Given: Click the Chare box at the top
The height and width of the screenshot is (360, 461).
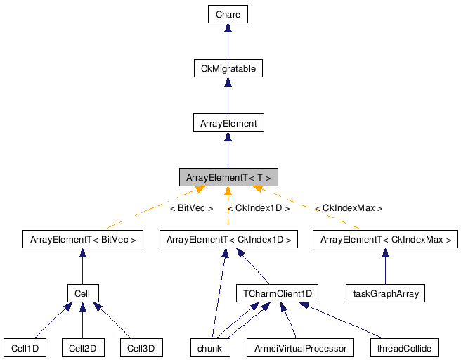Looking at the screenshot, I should tap(228, 13).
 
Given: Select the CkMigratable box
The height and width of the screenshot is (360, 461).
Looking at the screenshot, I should tap(228, 68).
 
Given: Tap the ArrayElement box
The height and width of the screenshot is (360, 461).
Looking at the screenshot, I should tap(228, 123).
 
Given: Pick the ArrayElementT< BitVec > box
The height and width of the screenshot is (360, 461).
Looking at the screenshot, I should tap(82, 239).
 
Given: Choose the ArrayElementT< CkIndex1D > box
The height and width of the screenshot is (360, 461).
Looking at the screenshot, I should tap(228, 239).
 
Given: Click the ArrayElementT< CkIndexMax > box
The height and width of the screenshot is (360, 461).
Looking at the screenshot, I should tap(386, 239).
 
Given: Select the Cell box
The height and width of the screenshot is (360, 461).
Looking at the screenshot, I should tap(82, 292).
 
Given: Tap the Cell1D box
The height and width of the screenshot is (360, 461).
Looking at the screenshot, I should tap(25, 347).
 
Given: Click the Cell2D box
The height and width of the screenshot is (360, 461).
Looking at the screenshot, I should tap(82, 347).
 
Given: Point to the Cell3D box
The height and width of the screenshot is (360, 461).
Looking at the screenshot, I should tap(141, 347).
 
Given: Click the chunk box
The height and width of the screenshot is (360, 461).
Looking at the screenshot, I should tap(210, 347).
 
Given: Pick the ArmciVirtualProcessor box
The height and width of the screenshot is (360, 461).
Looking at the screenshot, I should tap(301, 347).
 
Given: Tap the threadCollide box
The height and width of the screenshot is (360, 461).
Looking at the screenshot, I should tap(404, 347).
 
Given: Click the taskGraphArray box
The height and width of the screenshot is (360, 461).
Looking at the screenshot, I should tap(386, 292).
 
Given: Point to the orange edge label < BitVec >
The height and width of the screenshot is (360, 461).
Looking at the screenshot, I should tap(191, 208).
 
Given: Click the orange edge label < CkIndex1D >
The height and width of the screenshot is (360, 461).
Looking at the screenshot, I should tap(259, 208).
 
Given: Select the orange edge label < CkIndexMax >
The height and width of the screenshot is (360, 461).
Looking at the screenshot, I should tap(349, 208).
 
